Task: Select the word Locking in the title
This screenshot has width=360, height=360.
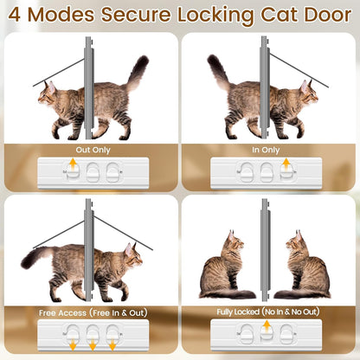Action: tap(221, 16)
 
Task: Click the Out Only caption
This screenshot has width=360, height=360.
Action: tap(89, 150)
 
